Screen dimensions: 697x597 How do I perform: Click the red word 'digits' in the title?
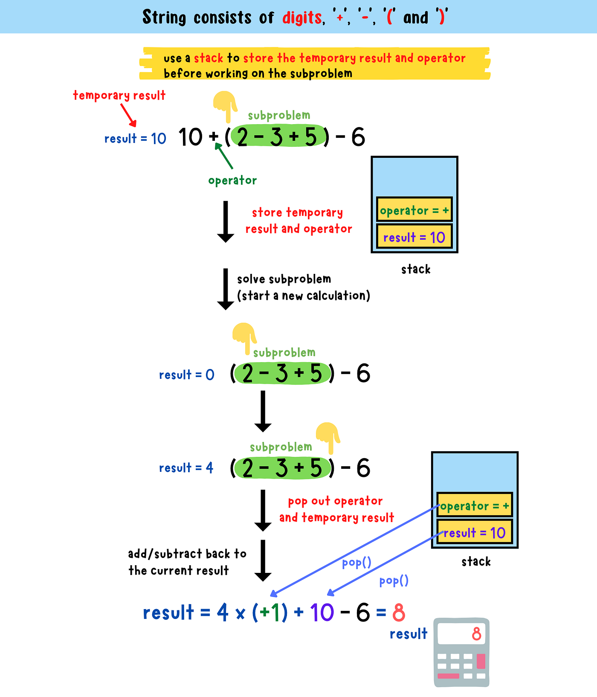click(x=302, y=18)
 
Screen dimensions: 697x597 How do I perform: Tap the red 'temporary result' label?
click(x=119, y=95)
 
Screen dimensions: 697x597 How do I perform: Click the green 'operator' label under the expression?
click(x=232, y=180)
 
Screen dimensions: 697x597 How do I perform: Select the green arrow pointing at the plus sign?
click(x=224, y=156)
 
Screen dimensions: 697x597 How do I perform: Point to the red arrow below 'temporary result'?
click(x=128, y=115)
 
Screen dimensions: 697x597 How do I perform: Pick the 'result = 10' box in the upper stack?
click(x=414, y=237)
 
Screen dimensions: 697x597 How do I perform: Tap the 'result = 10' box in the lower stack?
click(x=474, y=532)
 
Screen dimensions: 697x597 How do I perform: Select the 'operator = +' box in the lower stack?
click(x=474, y=505)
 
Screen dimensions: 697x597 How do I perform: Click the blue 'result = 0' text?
click(x=186, y=375)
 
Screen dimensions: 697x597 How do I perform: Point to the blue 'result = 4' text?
click(x=186, y=468)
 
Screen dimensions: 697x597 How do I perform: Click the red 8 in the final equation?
click(x=399, y=613)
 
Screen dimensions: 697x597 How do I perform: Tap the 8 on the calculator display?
click(x=476, y=634)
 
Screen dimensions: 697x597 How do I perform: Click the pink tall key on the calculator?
click(x=481, y=661)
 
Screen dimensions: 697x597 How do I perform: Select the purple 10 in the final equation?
click(x=322, y=613)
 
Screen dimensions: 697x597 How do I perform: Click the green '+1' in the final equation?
click(x=270, y=613)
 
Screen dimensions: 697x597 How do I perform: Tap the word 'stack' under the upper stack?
click(x=416, y=269)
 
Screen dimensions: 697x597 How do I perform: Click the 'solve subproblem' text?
click(x=284, y=279)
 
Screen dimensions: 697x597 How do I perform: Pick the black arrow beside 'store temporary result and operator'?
click(x=226, y=221)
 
